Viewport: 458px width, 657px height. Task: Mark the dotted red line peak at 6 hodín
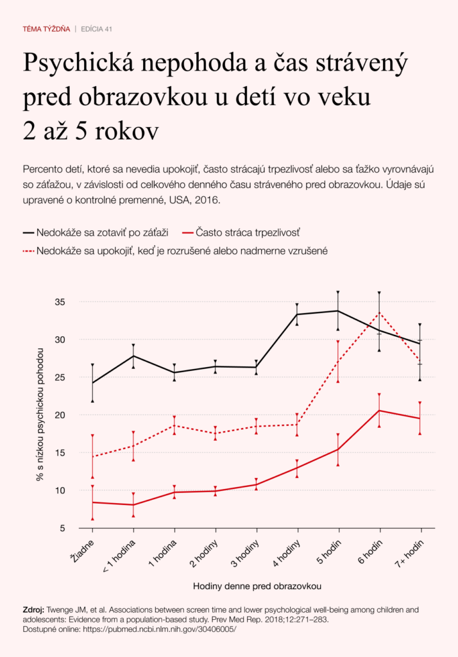pos(380,312)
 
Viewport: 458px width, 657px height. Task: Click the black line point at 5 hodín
pos(339,311)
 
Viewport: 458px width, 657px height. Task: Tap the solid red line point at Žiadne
pos(92,502)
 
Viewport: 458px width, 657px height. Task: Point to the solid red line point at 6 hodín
pos(380,411)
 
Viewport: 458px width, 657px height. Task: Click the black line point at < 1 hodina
pos(133,355)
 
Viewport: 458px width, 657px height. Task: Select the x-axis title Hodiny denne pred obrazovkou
pos(257,586)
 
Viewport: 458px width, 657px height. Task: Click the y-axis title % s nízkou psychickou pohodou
pos(40,414)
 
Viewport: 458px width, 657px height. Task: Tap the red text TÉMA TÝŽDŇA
pos(46,29)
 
